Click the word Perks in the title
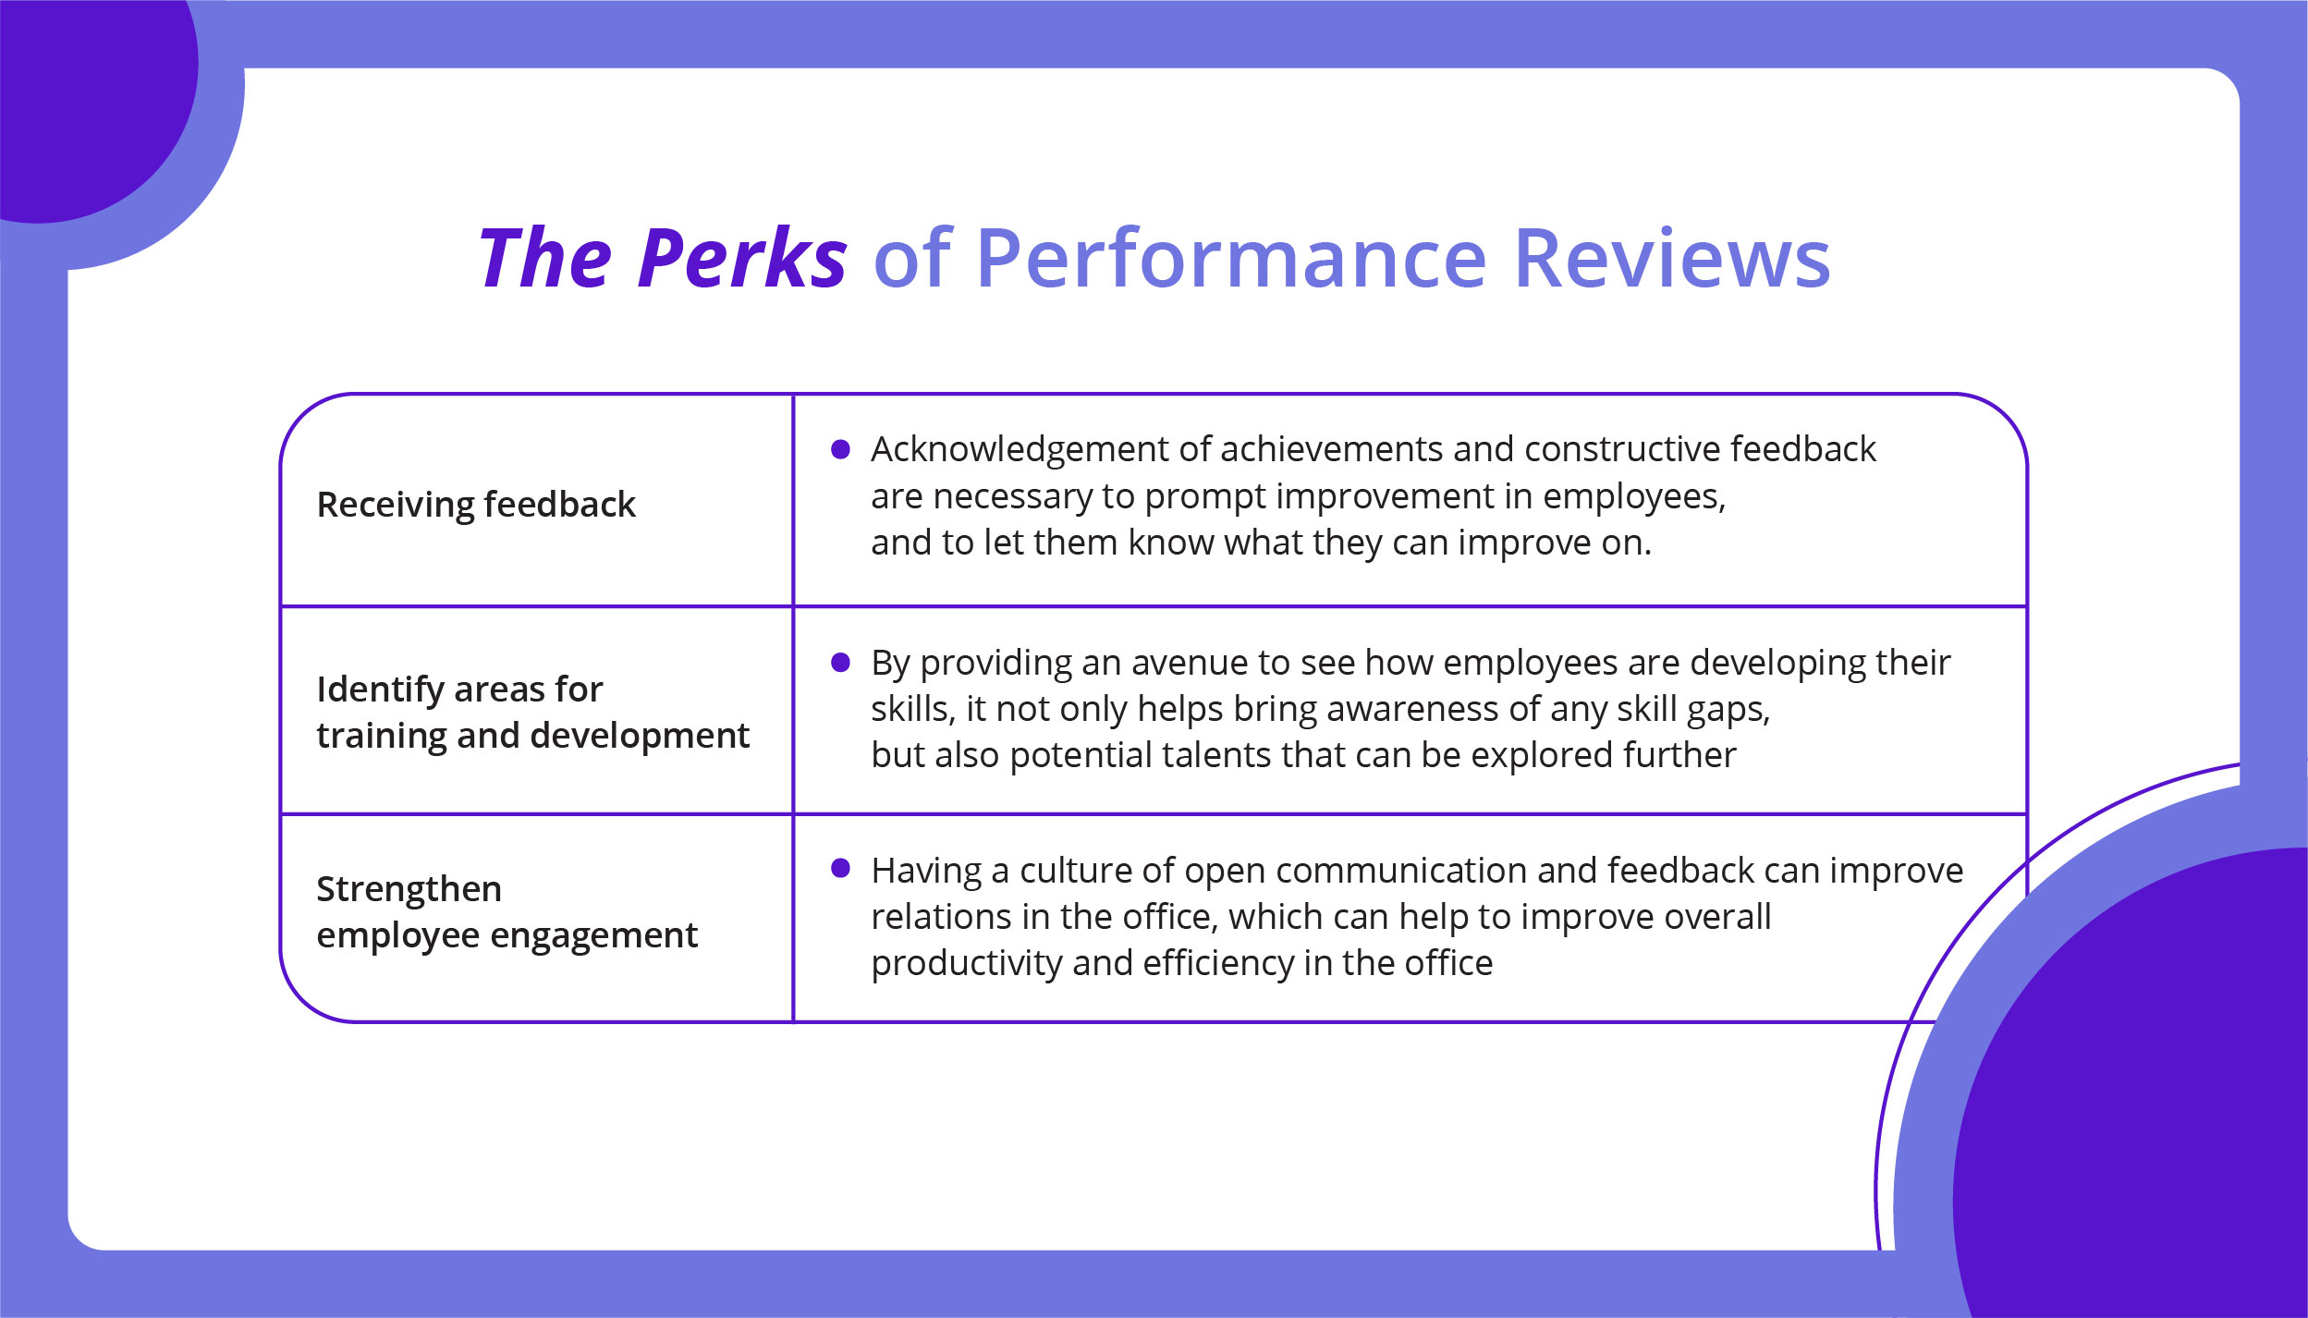tap(741, 258)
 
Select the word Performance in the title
tap(1230, 258)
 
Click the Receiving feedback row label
tap(475, 506)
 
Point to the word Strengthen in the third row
tap(409, 889)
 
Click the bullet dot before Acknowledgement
tap(840, 449)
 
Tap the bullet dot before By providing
tap(840, 663)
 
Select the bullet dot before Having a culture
tap(840, 868)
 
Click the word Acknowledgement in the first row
tap(1020, 450)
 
